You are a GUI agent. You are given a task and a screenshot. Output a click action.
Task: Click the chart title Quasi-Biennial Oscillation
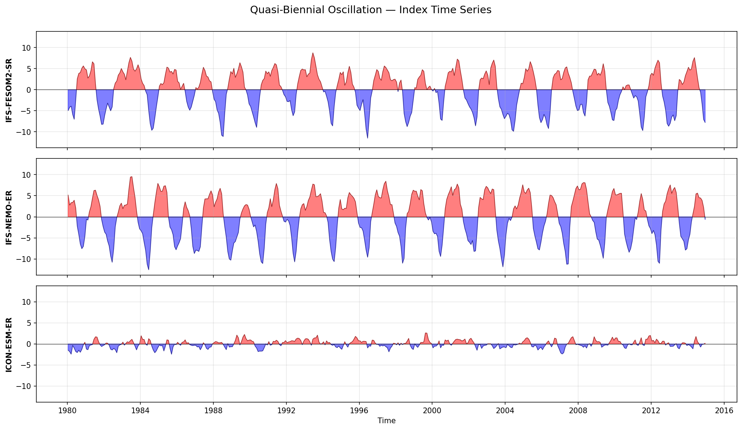tap(370, 10)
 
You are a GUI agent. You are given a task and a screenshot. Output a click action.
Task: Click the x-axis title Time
tap(386, 421)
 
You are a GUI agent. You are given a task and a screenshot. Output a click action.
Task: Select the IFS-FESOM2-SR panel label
tap(9, 90)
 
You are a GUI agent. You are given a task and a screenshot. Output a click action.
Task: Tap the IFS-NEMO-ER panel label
tap(9, 217)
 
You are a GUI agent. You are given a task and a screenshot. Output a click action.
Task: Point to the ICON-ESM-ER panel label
tap(9, 345)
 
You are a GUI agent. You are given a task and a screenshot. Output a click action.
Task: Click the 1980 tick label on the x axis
tap(67, 410)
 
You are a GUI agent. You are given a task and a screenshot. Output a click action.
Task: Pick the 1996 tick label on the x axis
tap(359, 410)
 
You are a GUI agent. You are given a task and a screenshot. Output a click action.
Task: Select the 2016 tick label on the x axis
tap(724, 410)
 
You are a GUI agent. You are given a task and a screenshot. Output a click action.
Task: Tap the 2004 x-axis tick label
tap(505, 410)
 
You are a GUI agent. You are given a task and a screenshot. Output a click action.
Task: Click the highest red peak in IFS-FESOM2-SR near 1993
tap(313, 53)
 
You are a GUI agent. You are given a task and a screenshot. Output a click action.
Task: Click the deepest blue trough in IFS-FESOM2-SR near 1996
tap(368, 138)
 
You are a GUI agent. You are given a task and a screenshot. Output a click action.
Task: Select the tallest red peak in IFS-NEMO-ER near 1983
tap(132, 177)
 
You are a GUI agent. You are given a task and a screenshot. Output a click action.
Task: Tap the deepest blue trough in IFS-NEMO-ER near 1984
tap(149, 269)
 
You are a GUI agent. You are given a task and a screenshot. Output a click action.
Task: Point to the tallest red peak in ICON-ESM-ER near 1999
tap(426, 333)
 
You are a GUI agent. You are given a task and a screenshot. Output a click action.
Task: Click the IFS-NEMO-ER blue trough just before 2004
tap(503, 267)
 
